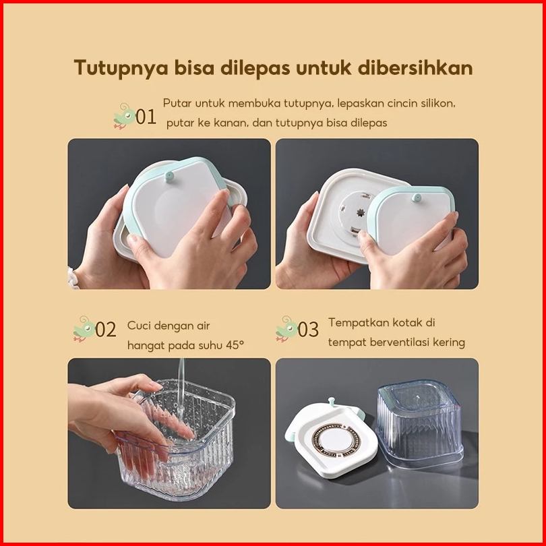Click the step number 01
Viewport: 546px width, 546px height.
coord(146,117)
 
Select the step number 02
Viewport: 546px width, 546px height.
coord(106,330)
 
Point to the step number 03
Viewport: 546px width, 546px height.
coord(308,330)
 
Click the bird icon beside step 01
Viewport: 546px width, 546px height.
coord(124,116)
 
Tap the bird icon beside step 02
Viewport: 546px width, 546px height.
coord(84,329)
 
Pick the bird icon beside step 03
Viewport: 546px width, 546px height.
coord(286,329)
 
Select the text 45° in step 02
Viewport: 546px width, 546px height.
coord(235,344)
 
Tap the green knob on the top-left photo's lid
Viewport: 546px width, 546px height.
coord(170,176)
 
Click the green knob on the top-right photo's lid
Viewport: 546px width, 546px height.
coord(416,198)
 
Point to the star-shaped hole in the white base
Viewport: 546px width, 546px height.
coord(361,212)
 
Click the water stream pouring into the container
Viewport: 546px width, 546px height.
coord(181,383)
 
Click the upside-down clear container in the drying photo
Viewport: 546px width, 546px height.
coord(421,423)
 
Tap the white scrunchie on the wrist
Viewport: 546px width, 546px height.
coord(73,278)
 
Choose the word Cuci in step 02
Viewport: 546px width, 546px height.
coord(138,326)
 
